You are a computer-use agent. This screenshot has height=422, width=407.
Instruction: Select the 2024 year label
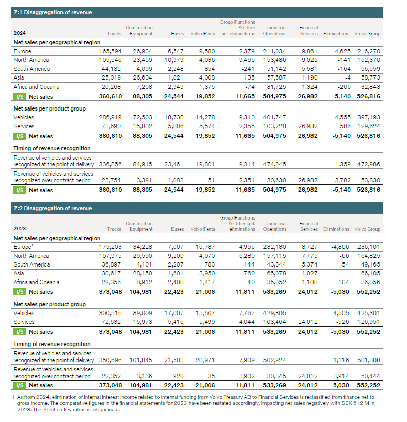(19, 33)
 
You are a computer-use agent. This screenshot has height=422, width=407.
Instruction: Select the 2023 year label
(19, 229)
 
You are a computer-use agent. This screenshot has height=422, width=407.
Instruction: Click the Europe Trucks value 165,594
(111, 51)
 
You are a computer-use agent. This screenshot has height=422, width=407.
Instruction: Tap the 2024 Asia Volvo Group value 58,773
(369, 78)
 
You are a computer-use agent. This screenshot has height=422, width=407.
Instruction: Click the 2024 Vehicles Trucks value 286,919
(111, 118)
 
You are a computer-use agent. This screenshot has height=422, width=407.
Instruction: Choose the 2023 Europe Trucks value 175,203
(111, 247)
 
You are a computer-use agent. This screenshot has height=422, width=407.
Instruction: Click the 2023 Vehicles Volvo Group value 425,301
(369, 313)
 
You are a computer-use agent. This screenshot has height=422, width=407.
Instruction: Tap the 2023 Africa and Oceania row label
(36, 282)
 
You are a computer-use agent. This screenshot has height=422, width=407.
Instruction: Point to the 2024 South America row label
(32, 69)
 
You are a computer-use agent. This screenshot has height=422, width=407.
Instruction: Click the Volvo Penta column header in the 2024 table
(202, 34)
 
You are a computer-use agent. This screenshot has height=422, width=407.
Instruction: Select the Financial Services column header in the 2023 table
(308, 226)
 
